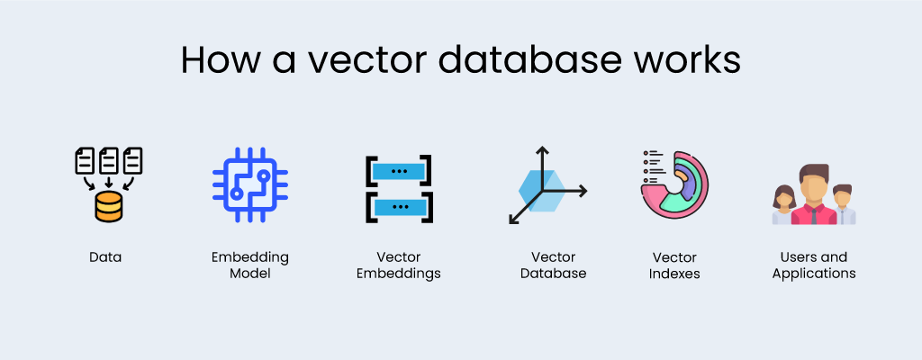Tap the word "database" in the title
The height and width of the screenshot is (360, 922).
(523, 59)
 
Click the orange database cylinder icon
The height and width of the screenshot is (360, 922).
(107, 208)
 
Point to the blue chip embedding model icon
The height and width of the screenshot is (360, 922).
(249, 184)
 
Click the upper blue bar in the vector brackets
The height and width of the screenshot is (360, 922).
(399, 170)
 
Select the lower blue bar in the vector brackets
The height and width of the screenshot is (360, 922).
(399, 207)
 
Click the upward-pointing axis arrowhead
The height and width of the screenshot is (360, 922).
(542, 150)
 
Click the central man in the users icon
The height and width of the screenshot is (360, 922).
(814, 193)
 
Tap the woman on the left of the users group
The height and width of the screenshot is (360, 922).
(783, 205)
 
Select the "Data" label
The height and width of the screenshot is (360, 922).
(105, 257)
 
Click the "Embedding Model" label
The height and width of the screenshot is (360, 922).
(249, 265)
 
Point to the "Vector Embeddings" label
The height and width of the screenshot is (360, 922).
(398, 265)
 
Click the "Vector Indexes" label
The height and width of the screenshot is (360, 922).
(674, 265)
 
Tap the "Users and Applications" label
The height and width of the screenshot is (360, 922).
(814, 265)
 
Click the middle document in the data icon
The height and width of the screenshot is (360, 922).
(108, 161)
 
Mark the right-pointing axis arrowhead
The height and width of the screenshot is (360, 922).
(583, 190)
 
